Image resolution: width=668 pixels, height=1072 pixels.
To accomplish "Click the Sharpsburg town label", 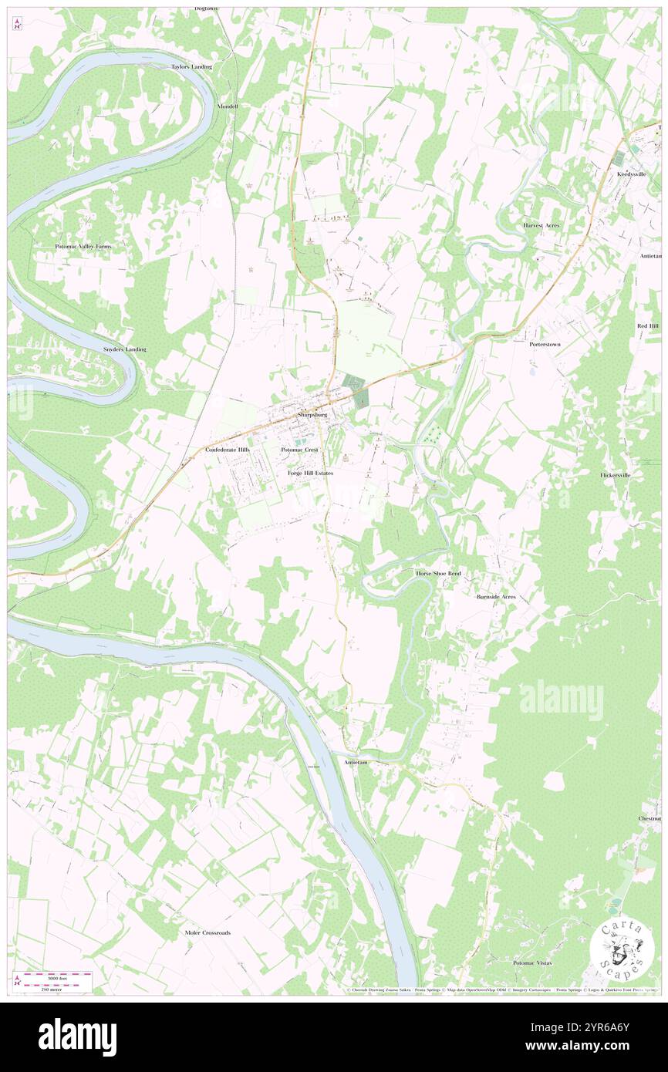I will pos(312,415).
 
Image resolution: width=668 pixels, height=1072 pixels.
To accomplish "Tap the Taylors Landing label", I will pos(191,67).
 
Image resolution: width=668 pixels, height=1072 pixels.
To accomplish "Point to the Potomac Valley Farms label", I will pos(83,246).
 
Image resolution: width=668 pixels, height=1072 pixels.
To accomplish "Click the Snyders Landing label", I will pos(124,349).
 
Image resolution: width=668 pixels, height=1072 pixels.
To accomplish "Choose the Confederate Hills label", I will pos(228,449).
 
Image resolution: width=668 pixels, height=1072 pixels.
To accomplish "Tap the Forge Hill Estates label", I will pos(310,472).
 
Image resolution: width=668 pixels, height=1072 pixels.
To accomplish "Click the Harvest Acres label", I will pos(541,224).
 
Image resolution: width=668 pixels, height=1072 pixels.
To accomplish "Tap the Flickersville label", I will pos(616,475).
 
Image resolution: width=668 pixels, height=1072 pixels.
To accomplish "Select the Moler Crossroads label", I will pos(207,932).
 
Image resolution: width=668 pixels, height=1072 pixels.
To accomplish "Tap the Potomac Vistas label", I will pos(533,963).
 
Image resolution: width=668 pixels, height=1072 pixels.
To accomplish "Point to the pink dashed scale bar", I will pos(53,975).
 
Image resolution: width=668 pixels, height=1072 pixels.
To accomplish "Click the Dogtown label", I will pos(206,8).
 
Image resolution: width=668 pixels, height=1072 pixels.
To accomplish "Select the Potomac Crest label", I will pos(300,449).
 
